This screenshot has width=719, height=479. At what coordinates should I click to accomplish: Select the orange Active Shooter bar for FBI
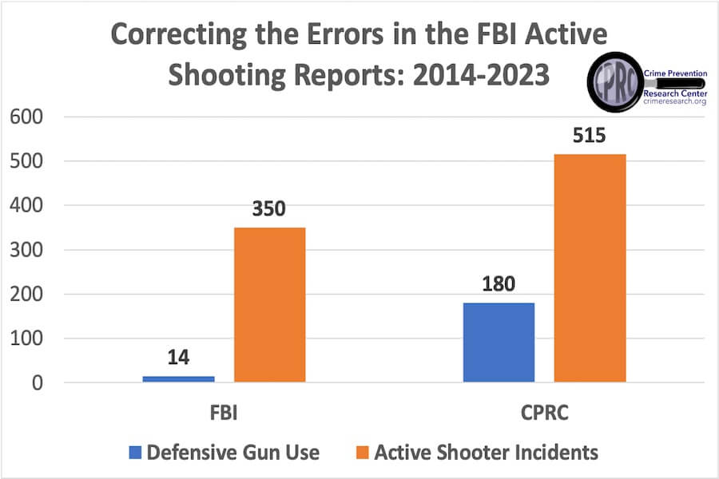click(269, 305)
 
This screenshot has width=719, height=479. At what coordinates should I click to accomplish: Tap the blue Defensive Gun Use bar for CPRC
click(499, 342)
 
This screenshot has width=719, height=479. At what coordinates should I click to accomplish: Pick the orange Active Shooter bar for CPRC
click(590, 268)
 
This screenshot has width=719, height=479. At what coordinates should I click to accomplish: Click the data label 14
click(178, 357)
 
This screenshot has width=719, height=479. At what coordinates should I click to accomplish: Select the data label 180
click(499, 285)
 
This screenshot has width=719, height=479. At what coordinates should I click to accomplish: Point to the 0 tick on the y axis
click(36, 383)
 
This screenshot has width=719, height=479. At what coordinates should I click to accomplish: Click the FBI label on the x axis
click(224, 414)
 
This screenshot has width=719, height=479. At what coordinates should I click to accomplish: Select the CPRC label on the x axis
click(544, 414)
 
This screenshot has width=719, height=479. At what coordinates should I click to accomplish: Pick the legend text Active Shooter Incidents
click(486, 453)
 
